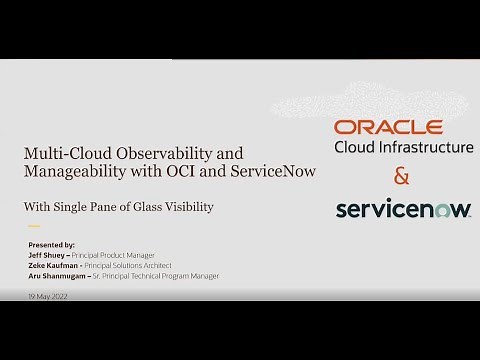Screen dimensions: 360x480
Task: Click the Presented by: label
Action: click(54, 244)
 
